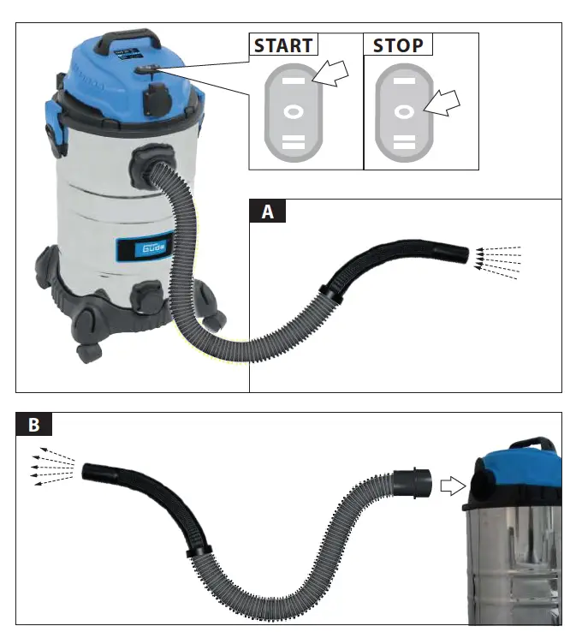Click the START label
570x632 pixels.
[283, 45]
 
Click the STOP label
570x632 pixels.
[397, 45]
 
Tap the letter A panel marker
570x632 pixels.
[267, 212]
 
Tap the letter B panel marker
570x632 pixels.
[34, 424]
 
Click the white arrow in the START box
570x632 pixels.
[333, 75]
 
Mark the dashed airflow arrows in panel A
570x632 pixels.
[497, 258]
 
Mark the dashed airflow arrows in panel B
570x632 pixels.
[50, 467]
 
